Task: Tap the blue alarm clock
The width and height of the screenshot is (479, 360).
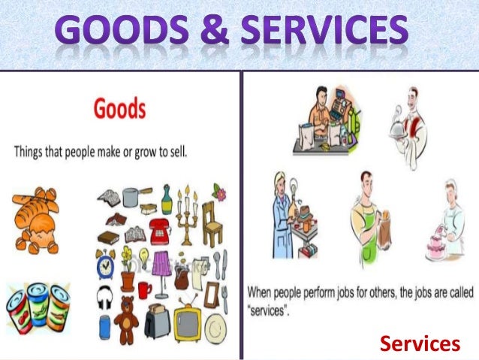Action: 105,265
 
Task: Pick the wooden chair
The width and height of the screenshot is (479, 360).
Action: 213,225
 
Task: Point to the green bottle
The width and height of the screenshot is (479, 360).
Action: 167,201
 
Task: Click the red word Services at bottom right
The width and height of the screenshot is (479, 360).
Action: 419,343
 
